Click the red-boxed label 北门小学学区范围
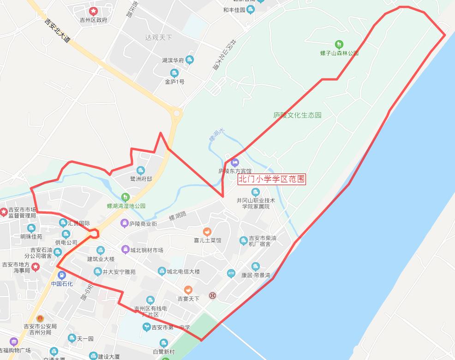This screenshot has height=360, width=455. (271, 179)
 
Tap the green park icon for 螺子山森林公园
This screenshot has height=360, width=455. (339, 44)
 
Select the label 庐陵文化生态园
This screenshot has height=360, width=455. (297, 115)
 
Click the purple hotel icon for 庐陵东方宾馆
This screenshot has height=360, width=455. (235, 162)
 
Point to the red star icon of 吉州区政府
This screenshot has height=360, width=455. (93, 11)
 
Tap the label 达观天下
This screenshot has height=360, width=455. (158, 37)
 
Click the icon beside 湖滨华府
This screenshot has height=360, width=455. (190, 60)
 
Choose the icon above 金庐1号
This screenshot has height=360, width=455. (174, 73)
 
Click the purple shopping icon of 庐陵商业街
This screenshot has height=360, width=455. (124, 223)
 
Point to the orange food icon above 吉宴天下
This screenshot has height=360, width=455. (188, 290)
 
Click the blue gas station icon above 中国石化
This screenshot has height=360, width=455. (62, 275)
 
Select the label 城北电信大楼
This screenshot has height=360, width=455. (183, 271)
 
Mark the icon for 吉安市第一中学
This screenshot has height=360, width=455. (146, 327)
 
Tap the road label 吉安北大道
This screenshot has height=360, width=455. (58, 30)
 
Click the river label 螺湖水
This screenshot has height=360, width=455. (216, 135)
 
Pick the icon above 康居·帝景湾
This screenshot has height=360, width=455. (255, 266)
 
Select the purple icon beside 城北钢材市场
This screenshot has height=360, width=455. (125, 250)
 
